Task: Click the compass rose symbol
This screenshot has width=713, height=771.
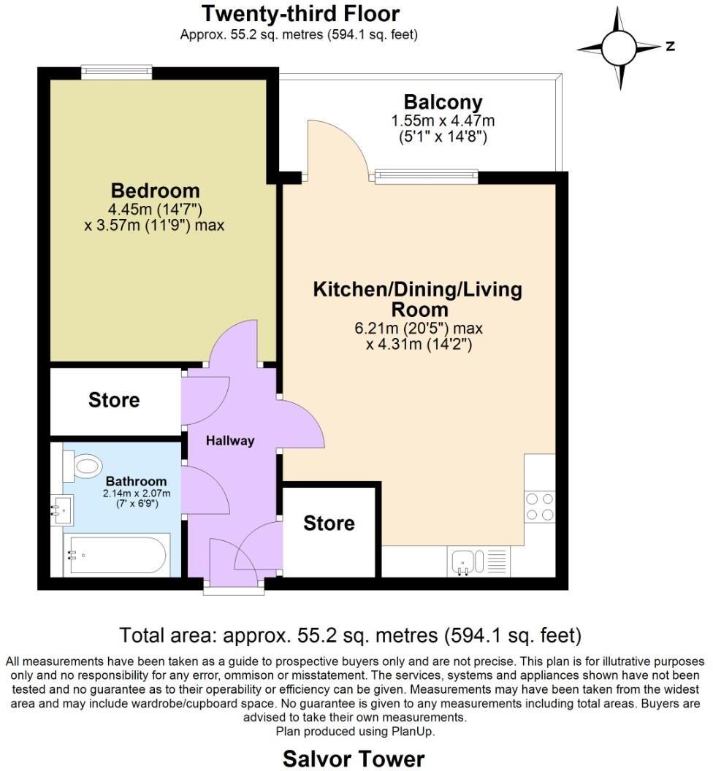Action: click(x=619, y=48)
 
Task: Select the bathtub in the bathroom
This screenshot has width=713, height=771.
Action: click(x=116, y=555)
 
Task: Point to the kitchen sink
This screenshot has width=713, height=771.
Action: click(x=465, y=561)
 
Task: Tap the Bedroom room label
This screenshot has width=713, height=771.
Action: click(x=155, y=191)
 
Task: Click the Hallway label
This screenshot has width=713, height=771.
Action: click(x=229, y=440)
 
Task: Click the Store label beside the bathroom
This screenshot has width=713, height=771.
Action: click(x=114, y=400)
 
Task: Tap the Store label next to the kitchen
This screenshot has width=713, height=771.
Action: click(x=329, y=523)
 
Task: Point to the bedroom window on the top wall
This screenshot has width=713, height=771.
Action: click(x=116, y=72)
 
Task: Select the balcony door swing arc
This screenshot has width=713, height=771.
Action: click(x=336, y=146)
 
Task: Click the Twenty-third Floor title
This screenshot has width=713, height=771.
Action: click(x=300, y=13)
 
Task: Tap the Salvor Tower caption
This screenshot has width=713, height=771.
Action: click(x=354, y=759)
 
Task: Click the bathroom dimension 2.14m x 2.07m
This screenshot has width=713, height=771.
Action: click(x=131, y=493)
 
